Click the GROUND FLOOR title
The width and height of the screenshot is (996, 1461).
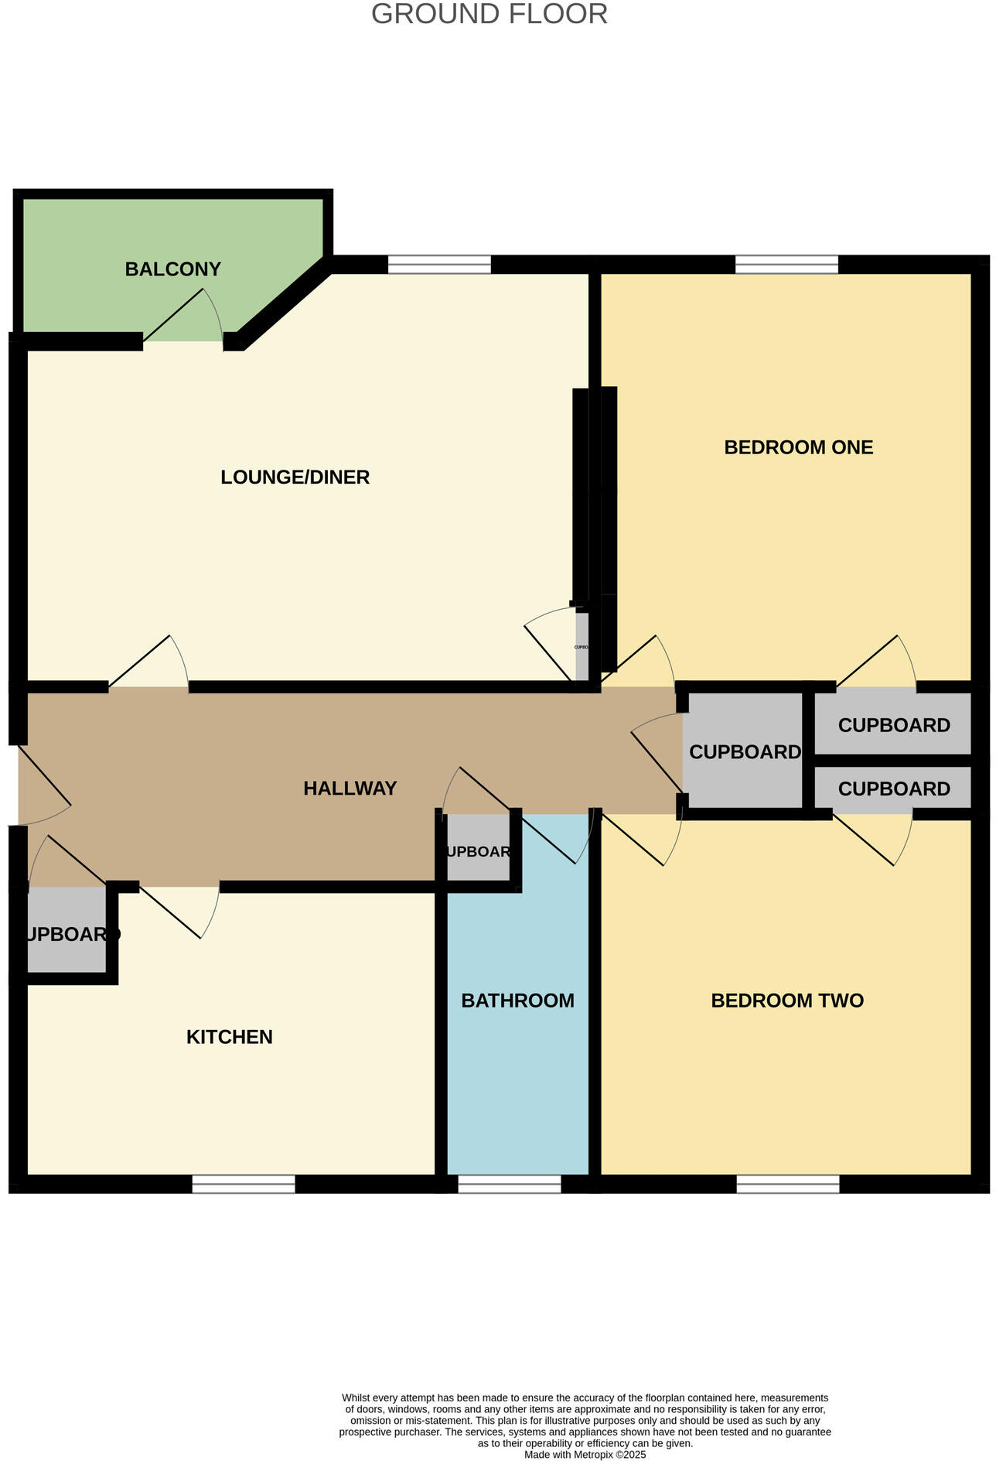click(489, 15)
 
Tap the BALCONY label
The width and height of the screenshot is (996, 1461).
click(172, 269)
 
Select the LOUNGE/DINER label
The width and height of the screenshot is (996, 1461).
click(295, 477)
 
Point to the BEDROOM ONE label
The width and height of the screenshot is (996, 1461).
click(798, 447)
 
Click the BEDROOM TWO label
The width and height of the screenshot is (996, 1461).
click(786, 1001)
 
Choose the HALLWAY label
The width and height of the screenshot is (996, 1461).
click(350, 789)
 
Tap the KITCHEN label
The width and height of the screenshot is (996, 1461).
click(229, 1037)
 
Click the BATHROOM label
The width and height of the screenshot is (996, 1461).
click(517, 1001)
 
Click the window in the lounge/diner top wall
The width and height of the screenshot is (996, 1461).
click(439, 265)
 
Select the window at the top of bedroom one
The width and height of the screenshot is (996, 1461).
click(786, 265)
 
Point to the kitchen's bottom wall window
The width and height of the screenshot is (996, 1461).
click(244, 1184)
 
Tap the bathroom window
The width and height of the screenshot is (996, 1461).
click(509, 1184)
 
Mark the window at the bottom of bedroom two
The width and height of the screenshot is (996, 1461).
click(787, 1184)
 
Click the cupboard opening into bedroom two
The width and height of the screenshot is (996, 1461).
click(893, 789)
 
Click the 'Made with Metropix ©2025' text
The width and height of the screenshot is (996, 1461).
click(585, 1454)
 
